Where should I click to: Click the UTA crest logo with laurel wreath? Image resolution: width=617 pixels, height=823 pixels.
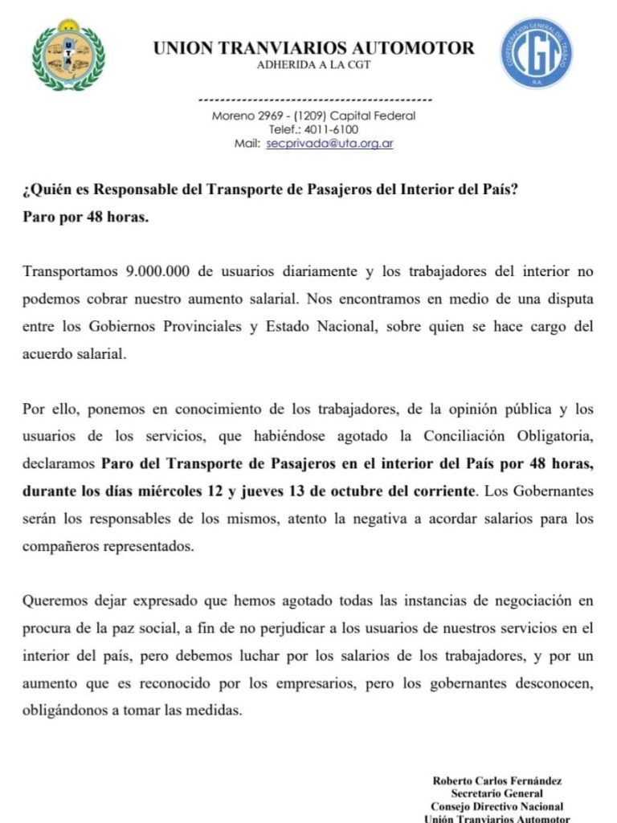(68, 54)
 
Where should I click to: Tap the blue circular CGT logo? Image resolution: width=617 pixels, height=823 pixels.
(537, 53)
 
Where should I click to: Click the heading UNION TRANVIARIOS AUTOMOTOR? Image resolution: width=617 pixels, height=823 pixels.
(313, 48)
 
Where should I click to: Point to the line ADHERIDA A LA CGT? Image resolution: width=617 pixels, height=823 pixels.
(313, 65)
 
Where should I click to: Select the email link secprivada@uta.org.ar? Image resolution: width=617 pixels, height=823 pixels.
(329, 144)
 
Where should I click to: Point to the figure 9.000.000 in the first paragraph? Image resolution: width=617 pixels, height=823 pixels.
(157, 271)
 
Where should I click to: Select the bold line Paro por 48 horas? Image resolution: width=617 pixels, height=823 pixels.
(85, 218)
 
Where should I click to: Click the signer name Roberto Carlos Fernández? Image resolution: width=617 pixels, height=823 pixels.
(496, 780)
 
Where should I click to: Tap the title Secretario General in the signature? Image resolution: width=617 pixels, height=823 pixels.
(496, 793)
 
